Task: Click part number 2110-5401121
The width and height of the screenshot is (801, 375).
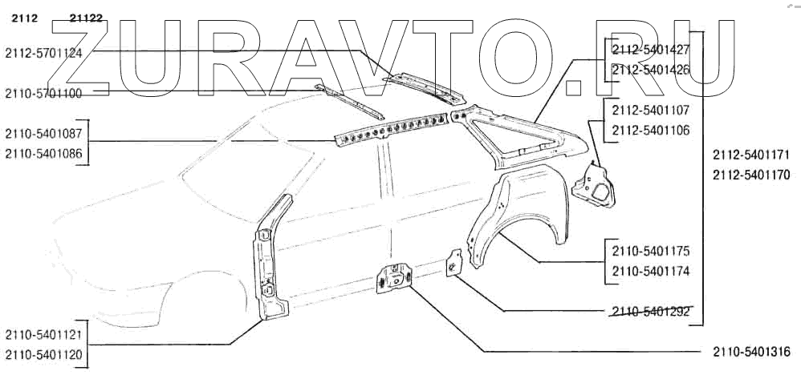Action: pos(43,334)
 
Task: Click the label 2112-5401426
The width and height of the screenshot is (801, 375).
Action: pos(650,70)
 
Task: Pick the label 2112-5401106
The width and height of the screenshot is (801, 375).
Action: pos(650,129)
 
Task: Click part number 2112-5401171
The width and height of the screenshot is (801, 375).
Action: pos(751,152)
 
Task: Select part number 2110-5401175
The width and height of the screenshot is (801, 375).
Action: pos(650,252)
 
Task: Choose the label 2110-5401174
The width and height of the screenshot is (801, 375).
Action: pos(650,271)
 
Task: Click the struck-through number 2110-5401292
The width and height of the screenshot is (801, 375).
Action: pos(650,312)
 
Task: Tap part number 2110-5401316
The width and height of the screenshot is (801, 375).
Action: pos(751,352)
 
